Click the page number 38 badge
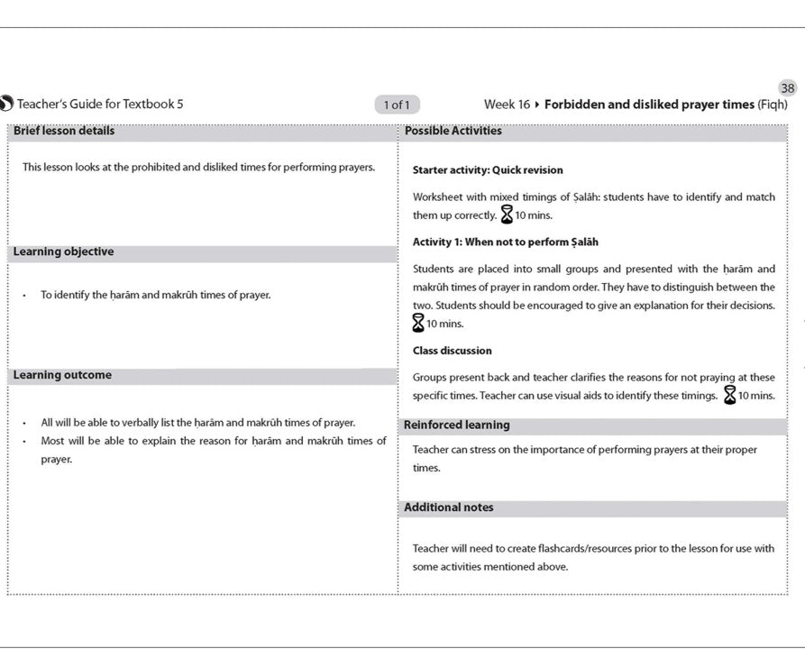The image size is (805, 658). pyautogui.click(x=788, y=88)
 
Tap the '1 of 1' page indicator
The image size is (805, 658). pyautogui.click(x=397, y=105)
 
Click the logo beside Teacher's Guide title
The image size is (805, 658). pyautogui.click(x=6, y=105)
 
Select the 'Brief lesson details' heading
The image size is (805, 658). pyautogui.click(x=64, y=131)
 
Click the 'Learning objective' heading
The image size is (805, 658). pyautogui.click(x=63, y=252)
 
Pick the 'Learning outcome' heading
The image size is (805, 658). pyautogui.click(x=62, y=376)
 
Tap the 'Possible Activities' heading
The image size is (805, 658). pyautogui.click(x=453, y=131)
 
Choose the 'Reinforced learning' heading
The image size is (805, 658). pyautogui.click(x=456, y=425)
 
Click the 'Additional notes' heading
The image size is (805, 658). pyautogui.click(x=448, y=508)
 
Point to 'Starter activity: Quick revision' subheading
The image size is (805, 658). pyautogui.click(x=488, y=169)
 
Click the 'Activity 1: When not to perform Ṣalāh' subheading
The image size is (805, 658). pyautogui.click(x=505, y=242)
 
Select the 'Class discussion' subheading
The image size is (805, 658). pyautogui.click(x=452, y=351)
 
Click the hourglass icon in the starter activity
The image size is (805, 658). pyautogui.click(x=507, y=215)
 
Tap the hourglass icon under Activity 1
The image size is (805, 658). pyautogui.click(x=418, y=323)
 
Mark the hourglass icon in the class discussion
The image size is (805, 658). pyautogui.click(x=730, y=395)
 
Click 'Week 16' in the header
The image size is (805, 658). pyautogui.click(x=507, y=105)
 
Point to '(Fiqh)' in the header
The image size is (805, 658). pyautogui.click(x=772, y=105)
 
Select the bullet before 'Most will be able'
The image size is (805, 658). pyautogui.click(x=24, y=442)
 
